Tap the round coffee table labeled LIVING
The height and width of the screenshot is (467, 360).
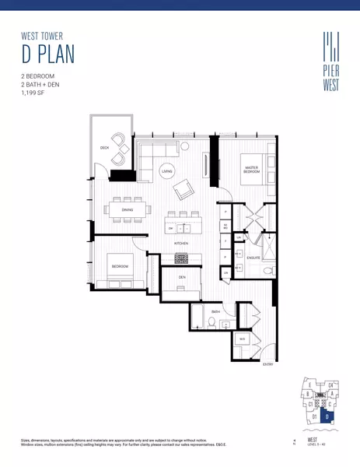point(166,171)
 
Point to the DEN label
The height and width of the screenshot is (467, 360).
point(181,277)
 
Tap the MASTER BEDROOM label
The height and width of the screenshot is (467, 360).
point(252,170)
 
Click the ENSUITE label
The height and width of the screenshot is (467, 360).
point(252,256)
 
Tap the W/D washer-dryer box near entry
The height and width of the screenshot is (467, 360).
point(243,339)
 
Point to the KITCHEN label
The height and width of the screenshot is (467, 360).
point(181,243)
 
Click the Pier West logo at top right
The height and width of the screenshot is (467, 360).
point(330,60)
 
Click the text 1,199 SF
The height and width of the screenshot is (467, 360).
point(35,93)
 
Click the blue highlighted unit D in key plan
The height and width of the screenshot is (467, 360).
point(328,416)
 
